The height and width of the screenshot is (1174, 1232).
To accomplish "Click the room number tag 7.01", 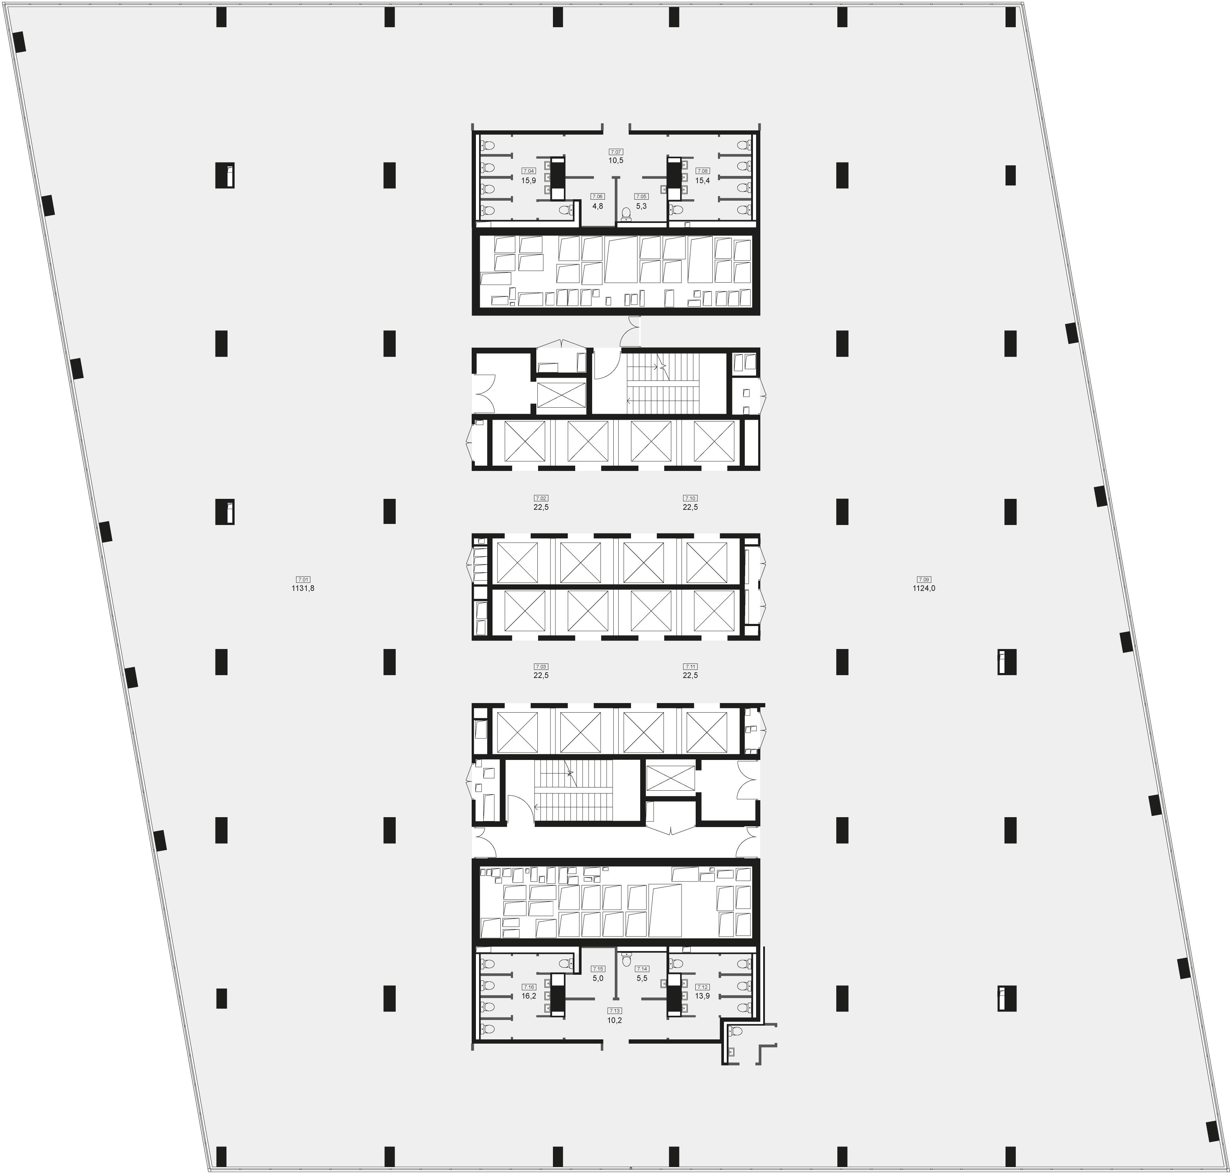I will click(x=303, y=579).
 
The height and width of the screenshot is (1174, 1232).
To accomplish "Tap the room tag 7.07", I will click(x=616, y=152).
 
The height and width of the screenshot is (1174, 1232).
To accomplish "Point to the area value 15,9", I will click(x=529, y=180).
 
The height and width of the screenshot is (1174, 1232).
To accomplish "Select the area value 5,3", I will click(x=641, y=206).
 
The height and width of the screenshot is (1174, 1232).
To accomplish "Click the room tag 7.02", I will click(x=541, y=498).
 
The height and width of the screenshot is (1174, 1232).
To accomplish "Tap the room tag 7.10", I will click(x=690, y=498).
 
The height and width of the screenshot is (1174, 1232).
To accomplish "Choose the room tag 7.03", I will click(x=541, y=666).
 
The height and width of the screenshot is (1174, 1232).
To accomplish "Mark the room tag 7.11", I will click(x=690, y=666).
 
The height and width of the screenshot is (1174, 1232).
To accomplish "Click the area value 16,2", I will click(x=529, y=996).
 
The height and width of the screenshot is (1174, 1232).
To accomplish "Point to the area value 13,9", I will click(x=703, y=996).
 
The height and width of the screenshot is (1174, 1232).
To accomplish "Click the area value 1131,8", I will click(x=303, y=588).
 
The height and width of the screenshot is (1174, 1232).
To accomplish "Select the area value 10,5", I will click(x=616, y=160).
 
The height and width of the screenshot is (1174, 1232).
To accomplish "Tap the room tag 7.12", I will click(x=703, y=987).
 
